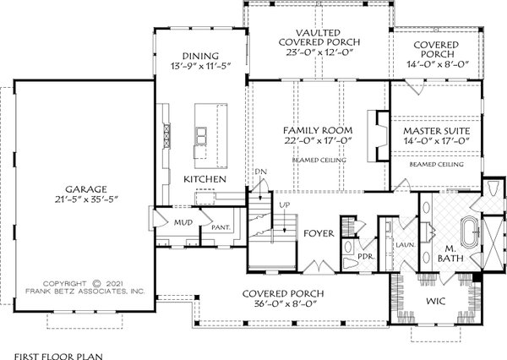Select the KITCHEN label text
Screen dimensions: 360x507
204,180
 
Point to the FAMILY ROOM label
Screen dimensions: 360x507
317,130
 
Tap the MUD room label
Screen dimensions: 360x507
184,223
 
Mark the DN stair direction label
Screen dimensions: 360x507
261,173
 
